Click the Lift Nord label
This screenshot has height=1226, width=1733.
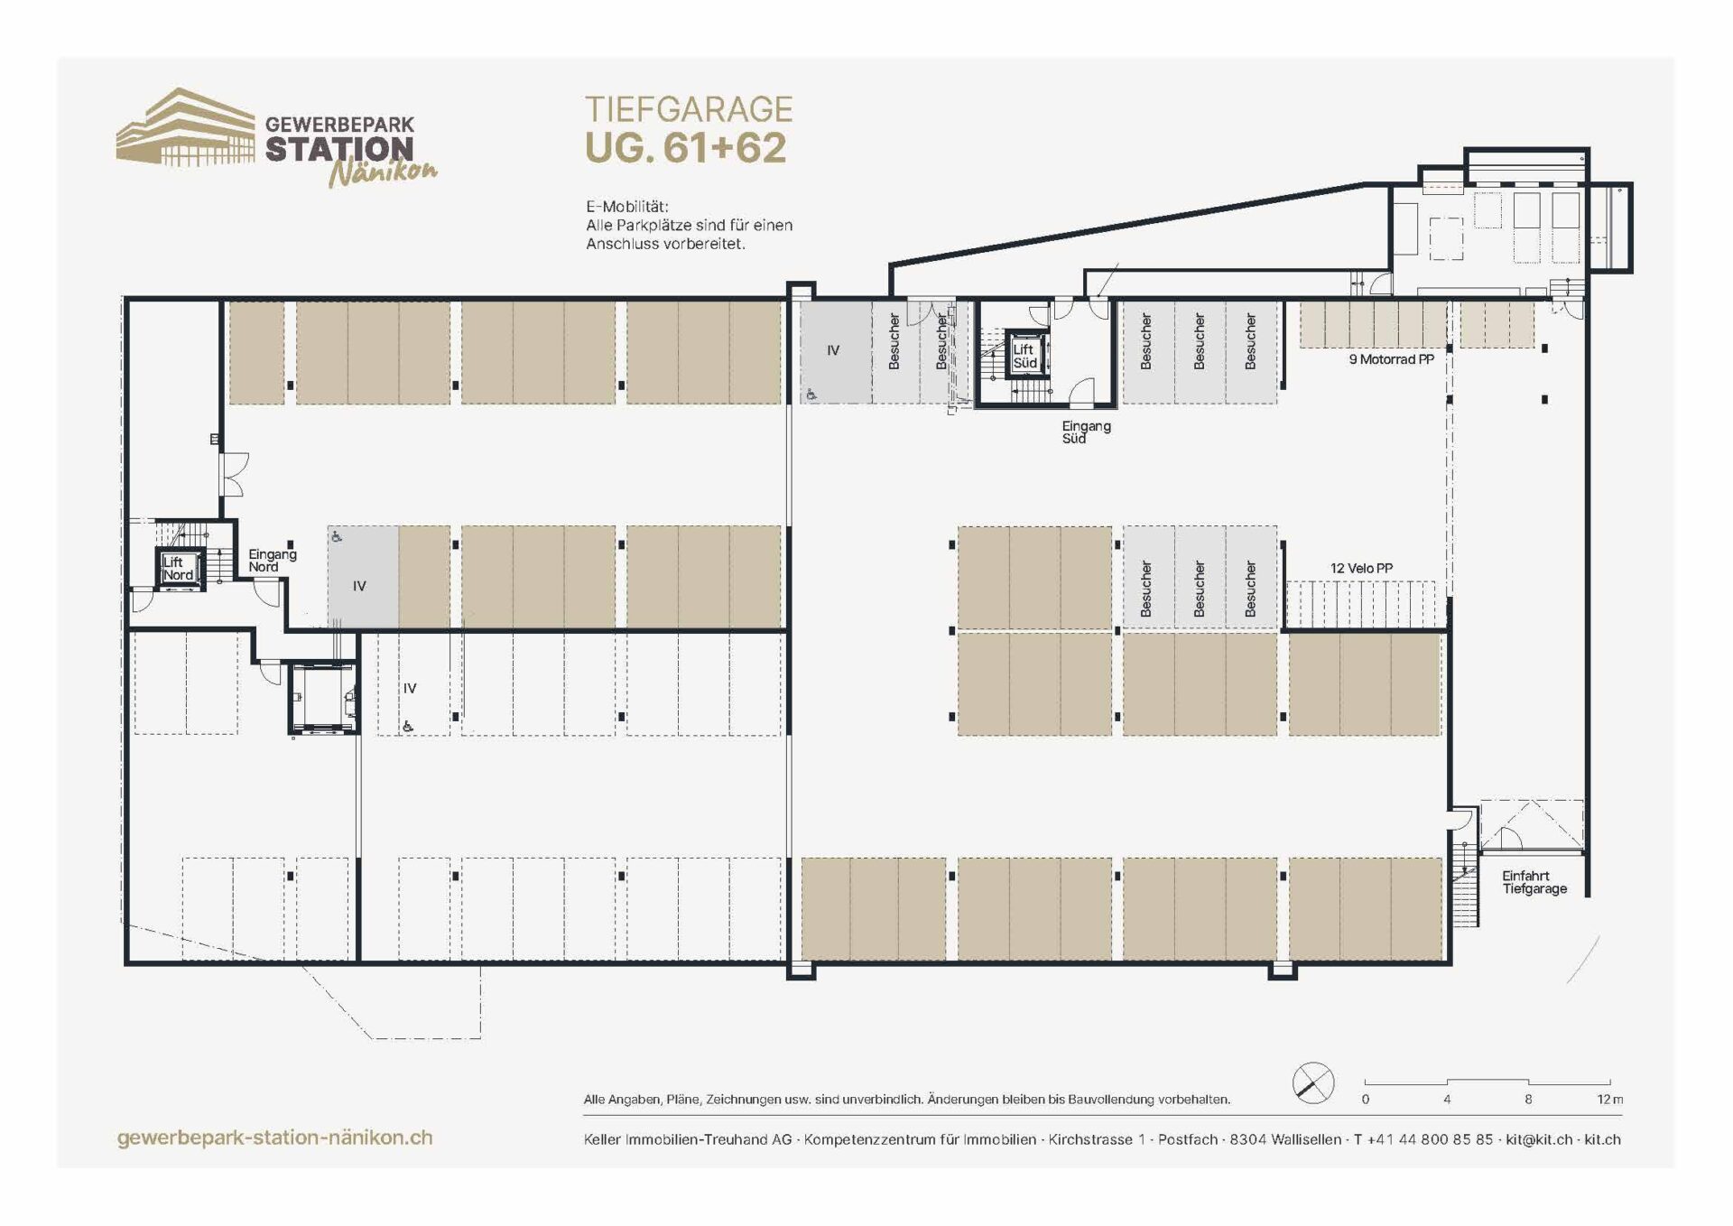tap(177, 569)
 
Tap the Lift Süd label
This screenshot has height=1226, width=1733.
tap(1024, 357)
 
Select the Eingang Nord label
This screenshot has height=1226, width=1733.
tap(272, 561)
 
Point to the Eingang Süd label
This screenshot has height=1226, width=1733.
tap(1086, 432)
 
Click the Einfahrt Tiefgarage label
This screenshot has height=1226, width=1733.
tap(1534, 882)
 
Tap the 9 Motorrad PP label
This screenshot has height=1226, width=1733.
tap(1391, 359)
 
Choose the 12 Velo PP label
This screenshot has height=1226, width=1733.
tap(1361, 568)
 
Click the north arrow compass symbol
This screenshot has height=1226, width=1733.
tap(1313, 1082)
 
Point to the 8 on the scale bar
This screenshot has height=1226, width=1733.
tap(1528, 1100)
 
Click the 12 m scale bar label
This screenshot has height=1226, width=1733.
tap(1609, 1100)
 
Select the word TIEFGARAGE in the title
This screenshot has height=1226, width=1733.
tap(689, 109)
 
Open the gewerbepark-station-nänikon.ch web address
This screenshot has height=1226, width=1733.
tap(275, 1138)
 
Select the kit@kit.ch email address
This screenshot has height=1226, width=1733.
tap(1539, 1140)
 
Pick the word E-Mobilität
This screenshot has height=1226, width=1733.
tap(627, 207)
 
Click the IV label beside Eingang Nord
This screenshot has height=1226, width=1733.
tap(359, 586)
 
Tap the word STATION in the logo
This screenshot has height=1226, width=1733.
tap(339, 149)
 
